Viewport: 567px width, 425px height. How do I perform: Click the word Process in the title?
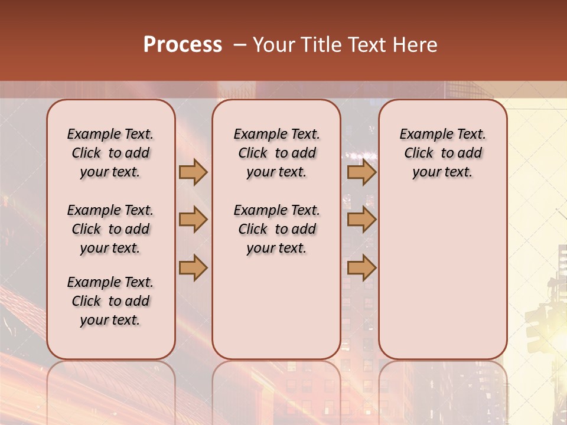183,45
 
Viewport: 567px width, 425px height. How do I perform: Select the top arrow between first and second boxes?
193,172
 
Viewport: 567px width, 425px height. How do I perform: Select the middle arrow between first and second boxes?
193,220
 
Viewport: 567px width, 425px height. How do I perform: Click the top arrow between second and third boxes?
361,172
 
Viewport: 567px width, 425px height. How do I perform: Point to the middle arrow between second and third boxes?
361,220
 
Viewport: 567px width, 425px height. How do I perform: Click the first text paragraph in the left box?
110,153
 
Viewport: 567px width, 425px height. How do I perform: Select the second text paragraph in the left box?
110,229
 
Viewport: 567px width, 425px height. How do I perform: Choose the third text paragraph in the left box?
110,301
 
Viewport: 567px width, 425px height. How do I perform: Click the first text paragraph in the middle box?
276,153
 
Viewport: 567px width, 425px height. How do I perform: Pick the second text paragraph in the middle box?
276,229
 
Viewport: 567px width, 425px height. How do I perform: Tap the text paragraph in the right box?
442,153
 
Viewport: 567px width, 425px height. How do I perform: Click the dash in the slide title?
240,45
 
